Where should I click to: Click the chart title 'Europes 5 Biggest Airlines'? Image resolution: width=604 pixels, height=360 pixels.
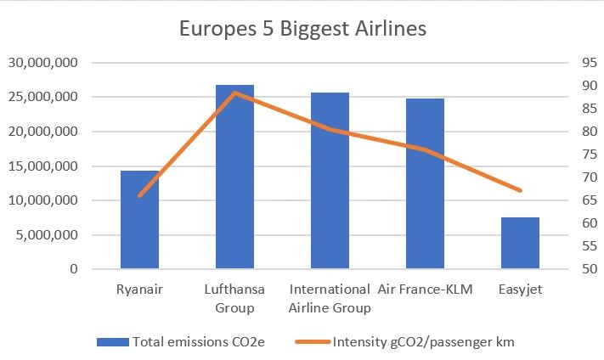tap(302, 29)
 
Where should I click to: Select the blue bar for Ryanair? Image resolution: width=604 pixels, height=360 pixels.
tap(139, 220)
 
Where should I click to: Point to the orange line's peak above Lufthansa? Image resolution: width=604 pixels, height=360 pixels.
tap(234, 93)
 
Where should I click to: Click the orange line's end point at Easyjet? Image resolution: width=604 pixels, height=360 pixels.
tap(520, 190)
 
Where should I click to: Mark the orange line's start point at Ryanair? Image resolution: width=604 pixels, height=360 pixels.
tap(139, 195)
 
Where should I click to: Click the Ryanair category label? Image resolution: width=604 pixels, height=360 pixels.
tap(139, 290)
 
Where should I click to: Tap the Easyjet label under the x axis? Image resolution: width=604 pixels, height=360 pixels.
tap(520, 290)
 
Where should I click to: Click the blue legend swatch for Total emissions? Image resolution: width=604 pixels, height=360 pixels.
tap(111, 342)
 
